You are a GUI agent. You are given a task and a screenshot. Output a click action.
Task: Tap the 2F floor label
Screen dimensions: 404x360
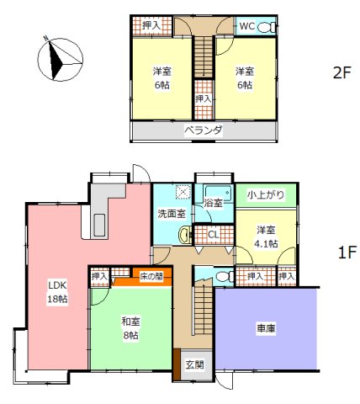coord(341,72)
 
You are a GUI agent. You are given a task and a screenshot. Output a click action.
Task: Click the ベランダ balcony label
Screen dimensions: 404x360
coord(203,130)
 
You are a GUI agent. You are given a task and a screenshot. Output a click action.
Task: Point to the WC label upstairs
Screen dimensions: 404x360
coord(247,27)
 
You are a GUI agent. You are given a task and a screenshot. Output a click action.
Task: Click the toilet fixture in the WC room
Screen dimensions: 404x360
coord(267,27)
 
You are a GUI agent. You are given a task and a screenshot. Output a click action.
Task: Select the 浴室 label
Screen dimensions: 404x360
coord(214,203)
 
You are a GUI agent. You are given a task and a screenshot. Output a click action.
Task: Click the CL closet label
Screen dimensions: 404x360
coord(214,235)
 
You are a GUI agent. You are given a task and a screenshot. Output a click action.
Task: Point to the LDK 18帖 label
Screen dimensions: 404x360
coord(56,290)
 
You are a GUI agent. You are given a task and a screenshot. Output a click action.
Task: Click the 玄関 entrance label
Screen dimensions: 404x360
coord(194,364)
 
